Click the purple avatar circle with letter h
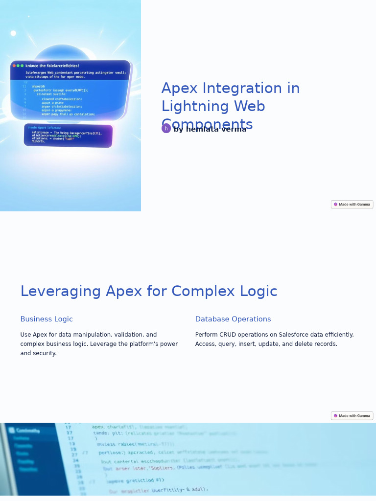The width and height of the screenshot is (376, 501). (166, 129)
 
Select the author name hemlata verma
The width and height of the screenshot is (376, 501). (210, 129)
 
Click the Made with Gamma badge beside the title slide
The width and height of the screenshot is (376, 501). (352, 205)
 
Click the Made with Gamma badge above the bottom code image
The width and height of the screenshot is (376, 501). (352, 416)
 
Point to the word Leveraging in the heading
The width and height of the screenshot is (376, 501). (60, 291)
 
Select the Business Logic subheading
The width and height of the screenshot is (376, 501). (47, 319)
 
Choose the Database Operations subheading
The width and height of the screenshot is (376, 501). (233, 319)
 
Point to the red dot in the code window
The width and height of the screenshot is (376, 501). (14, 66)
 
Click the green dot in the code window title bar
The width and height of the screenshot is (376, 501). (22, 66)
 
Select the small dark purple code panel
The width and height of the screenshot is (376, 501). (68, 135)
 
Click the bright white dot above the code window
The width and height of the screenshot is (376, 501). (13, 33)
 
